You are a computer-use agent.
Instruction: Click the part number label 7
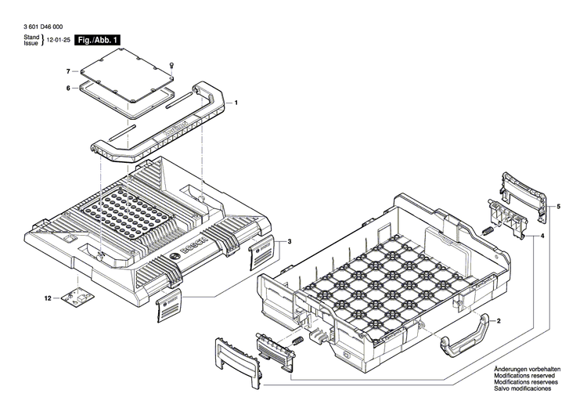pos(68,71)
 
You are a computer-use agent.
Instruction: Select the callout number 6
pos(68,88)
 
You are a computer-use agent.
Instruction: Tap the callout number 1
pos(236,103)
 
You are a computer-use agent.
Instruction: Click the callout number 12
pos(47,298)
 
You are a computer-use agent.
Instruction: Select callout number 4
pos(542,234)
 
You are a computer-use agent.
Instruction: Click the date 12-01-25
pos(58,39)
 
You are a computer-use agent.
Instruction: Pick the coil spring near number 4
pos(486,231)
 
